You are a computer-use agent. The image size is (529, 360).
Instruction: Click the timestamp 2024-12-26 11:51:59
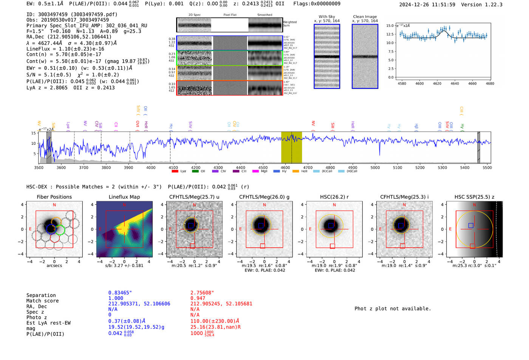[x=427, y=5]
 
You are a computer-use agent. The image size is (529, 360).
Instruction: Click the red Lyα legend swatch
[x=175, y=172]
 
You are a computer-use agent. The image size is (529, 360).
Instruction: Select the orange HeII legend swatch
[x=295, y=172]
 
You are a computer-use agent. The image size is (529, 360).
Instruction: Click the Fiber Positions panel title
[x=54, y=197]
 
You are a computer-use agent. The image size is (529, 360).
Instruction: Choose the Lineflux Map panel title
[x=124, y=197]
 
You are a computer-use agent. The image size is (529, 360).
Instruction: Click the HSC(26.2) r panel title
[x=334, y=197]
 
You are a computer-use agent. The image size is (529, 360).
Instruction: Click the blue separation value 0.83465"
[x=120, y=293]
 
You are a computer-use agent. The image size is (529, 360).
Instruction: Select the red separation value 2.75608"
[x=202, y=293]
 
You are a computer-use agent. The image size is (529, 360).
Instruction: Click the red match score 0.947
[x=198, y=298]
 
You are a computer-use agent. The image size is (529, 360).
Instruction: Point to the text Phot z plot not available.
[x=393, y=309]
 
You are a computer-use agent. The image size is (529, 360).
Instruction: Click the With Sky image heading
[x=327, y=17]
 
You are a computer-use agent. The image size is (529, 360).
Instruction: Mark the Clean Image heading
[x=365, y=17]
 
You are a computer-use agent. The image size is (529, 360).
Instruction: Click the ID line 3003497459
[x=72, y=14]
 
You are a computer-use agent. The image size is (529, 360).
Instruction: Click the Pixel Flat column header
[x=230, y=15]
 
